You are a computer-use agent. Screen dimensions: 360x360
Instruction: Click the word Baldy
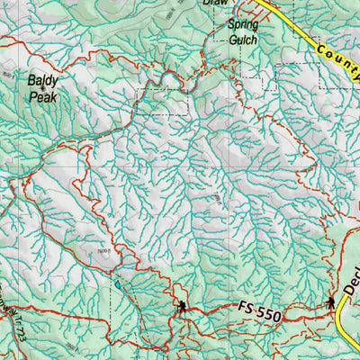(43, 79)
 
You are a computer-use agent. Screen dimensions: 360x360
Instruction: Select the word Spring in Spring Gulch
(242, 25)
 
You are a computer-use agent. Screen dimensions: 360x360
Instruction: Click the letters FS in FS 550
(249, 308)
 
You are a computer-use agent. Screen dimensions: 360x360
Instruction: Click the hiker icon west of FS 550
(183, 308)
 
